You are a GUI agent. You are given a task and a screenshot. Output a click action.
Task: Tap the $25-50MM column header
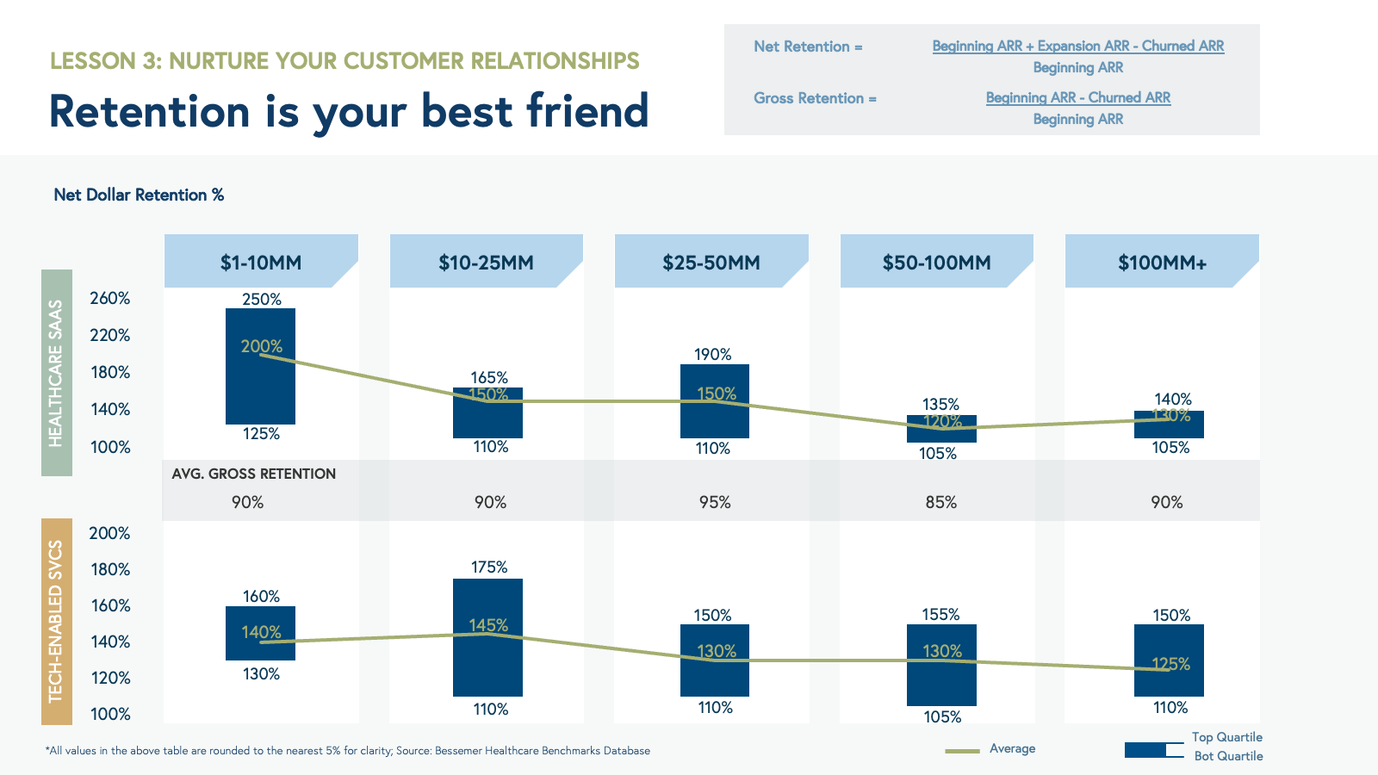[711, 262]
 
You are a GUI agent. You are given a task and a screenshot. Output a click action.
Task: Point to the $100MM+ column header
[1162, 262]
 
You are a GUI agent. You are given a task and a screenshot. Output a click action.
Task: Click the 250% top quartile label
[262, 299]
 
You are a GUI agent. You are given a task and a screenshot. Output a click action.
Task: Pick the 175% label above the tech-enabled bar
[489, 567]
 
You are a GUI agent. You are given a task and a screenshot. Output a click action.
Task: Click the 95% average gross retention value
[715, 502]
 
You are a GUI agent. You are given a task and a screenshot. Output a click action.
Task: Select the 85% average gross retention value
[941, 502]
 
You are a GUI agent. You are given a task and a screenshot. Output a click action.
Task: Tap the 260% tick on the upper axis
[110, 298]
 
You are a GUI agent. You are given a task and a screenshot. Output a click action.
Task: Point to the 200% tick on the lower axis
[110, 533]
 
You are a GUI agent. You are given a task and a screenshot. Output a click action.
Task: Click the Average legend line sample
[962, 751]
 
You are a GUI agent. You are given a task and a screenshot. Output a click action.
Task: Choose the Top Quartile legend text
[1226, 737]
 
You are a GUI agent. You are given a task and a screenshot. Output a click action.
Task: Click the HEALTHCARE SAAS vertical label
[56, 373]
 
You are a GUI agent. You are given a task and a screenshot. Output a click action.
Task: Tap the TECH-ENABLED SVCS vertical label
[56, 621]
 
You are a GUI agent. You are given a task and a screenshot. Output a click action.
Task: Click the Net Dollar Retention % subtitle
[139, 195]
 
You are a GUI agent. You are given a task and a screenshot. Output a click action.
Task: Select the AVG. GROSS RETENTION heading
[254, 474]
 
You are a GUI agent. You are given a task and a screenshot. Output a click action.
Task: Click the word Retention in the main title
[150, 112]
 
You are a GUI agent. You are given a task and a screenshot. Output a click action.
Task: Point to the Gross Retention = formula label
[815, 98]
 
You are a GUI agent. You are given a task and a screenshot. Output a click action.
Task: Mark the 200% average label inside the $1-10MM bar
[262, 346]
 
